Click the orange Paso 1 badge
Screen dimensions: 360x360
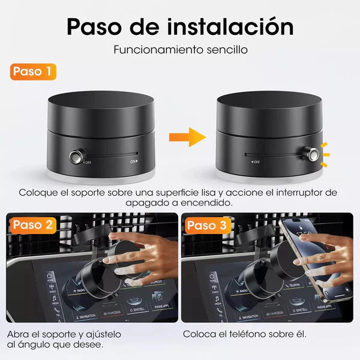(x=33, y=71)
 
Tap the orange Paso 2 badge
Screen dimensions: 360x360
(x=34, y=226)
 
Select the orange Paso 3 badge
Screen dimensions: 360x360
(x=207, y=226)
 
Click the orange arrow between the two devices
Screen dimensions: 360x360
(x=184, y=137)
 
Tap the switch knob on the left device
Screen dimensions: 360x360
(x=76, y=157)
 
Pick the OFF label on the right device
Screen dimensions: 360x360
(x=254, y=161)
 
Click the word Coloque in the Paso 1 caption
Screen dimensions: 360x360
(x=37, y=193)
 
